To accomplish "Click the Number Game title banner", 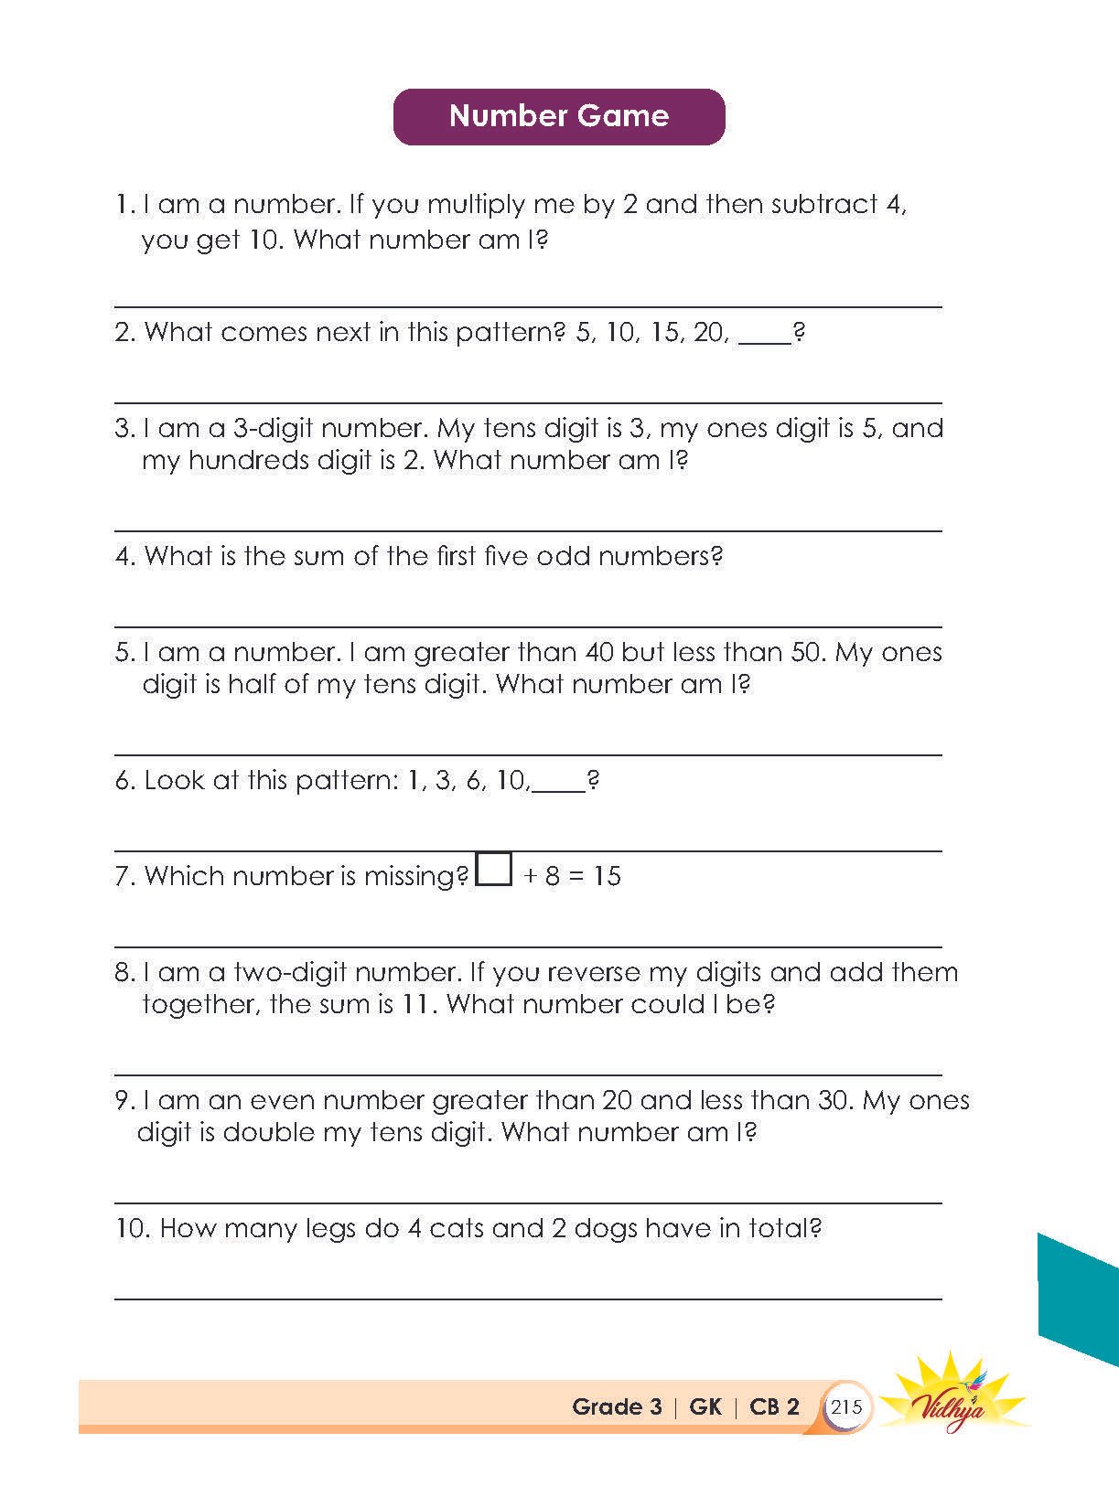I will [558, 116].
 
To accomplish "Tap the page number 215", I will [846, 1406].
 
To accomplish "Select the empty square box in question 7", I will [494, 869].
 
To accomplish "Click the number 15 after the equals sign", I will [607, 876].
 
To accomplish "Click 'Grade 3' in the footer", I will [616, 1406].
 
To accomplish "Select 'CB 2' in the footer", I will [774, 1406].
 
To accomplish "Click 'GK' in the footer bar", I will [705, 1406].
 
